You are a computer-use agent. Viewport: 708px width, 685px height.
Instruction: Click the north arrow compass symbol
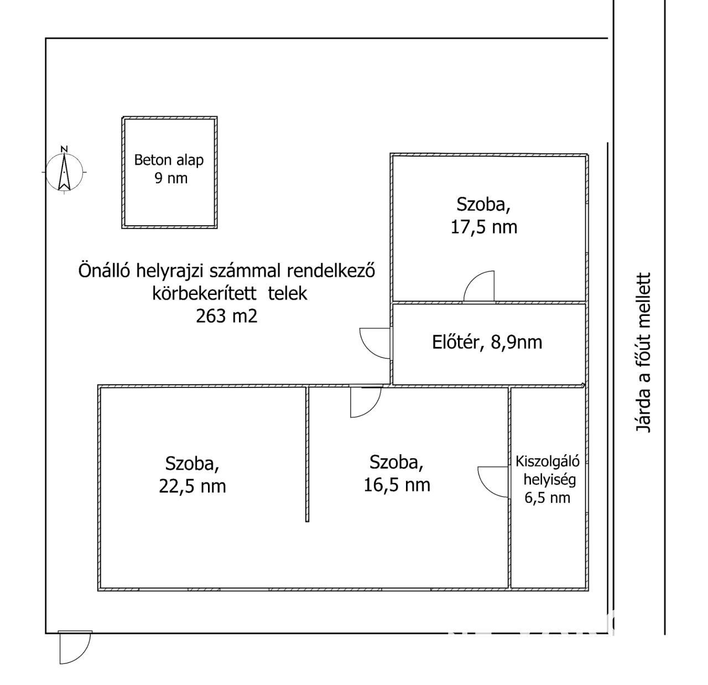tap(64, 170)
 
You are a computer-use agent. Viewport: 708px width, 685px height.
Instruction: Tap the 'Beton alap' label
tap(169, 160)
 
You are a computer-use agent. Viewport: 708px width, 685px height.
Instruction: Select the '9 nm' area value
tap(170, 178)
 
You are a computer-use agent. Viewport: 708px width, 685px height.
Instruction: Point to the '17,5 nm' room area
tap(483, 227)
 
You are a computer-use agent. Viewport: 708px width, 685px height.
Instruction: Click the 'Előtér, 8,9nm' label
tap(487, 342)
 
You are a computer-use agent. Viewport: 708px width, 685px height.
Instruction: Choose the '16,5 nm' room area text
tap(397, 485)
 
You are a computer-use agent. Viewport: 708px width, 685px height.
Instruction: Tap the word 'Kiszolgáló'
tap(547, 461)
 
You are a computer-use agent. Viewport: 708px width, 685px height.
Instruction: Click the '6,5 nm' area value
tap(547, 497)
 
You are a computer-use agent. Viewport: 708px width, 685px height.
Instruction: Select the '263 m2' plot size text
tap(226, 316)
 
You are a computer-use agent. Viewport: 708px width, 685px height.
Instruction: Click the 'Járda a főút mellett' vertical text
tap(644, 352)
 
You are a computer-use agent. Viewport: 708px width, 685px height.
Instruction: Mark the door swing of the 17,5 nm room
tap(479, 287)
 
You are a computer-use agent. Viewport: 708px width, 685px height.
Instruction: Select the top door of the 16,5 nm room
tap(365, 401)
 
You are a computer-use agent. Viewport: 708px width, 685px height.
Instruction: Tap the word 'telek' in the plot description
tap(288, 293)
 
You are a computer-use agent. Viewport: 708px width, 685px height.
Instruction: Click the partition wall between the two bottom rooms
tap(307, 454)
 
